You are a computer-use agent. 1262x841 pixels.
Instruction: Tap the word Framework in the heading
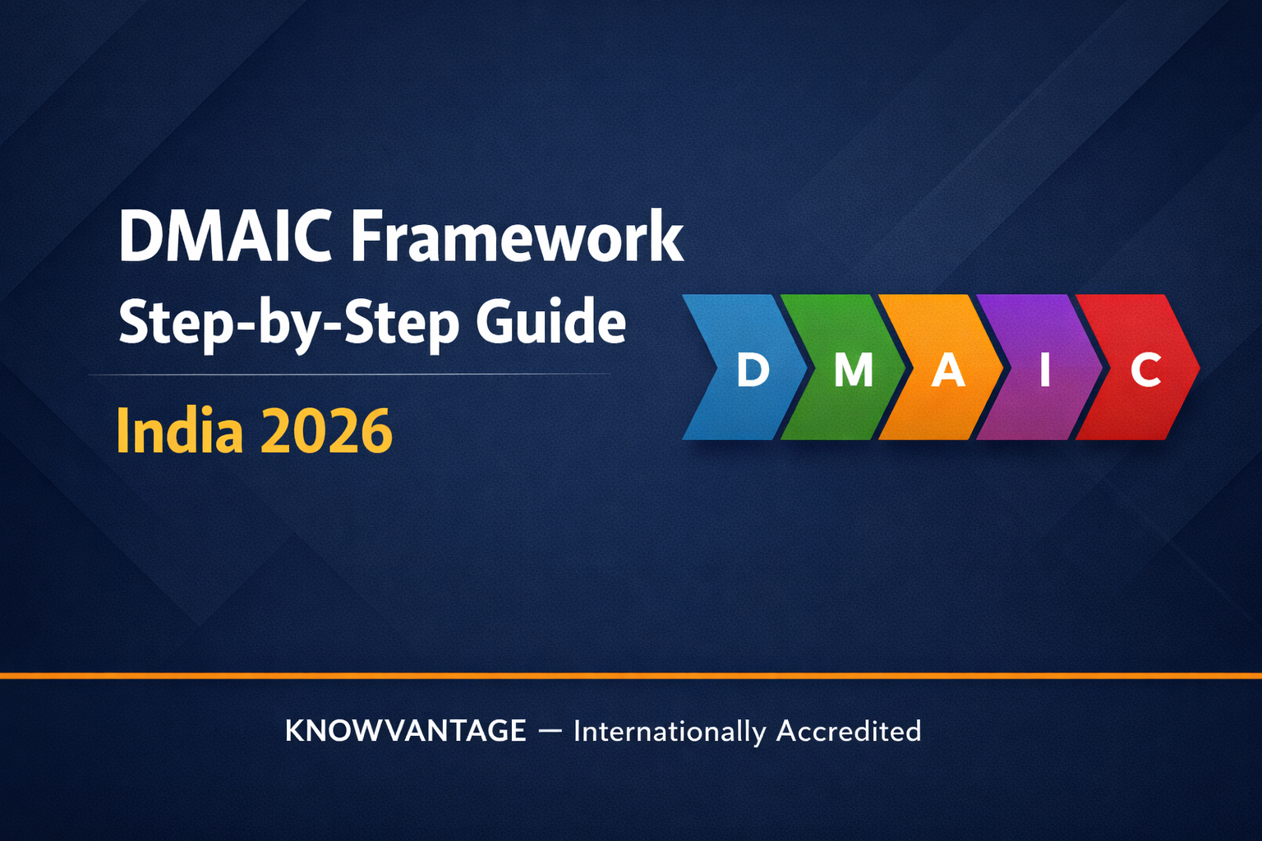pyautogui.click(x=517, y=237)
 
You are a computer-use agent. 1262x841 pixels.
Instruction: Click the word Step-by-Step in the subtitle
pyautogui.click(x=288, y=323)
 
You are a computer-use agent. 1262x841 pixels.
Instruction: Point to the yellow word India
pyautogui.click(x=180, y=430)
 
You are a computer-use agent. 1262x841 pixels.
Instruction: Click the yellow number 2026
pyautogui.click(x=326, y=430)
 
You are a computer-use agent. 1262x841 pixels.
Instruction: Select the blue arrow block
pyautogui.click(x=739, y=367)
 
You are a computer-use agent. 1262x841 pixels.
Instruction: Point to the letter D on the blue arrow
pyautogui.click(x=753, y=370)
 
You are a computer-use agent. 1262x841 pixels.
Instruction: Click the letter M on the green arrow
pyautogui.click(x=854, y=370)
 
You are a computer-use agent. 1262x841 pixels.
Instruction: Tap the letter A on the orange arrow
pyautogui.click(x=947, y=370)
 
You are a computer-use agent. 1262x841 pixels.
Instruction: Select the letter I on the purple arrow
pyautogui.click(x=1045, y=370)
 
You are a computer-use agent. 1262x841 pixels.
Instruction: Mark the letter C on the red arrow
pyautogui.click(x=1145, y=370)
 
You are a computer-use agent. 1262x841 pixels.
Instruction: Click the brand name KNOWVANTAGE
pyautogui.click(x=405, y=730)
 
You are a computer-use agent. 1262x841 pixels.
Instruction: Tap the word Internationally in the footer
pyautogui.click(x=670, y=731)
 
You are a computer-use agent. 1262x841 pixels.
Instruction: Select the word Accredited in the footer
pyautogui.click(x=849, y=730)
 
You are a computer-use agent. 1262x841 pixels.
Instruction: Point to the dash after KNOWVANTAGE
pyautogui.click(x=550, y=730)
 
